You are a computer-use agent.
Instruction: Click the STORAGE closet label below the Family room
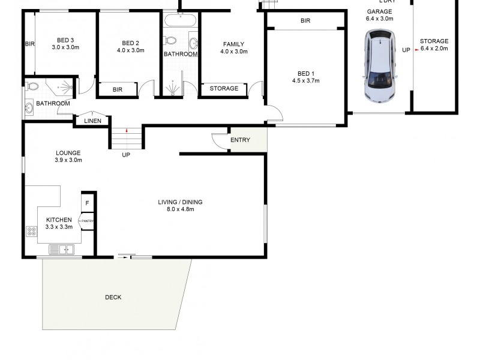coord(224,89)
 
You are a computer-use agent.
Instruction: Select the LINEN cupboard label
coord(92,121)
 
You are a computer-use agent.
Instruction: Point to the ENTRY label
coord(240,140)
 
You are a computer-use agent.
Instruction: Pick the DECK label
coord(113,297)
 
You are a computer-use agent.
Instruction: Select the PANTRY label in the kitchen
coord(88,221)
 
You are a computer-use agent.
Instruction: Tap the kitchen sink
coord(61,249)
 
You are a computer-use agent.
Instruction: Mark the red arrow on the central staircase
coord(127,130)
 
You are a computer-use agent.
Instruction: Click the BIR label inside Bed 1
coord(305,21)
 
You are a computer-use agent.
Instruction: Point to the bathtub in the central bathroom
coord(180,20)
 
